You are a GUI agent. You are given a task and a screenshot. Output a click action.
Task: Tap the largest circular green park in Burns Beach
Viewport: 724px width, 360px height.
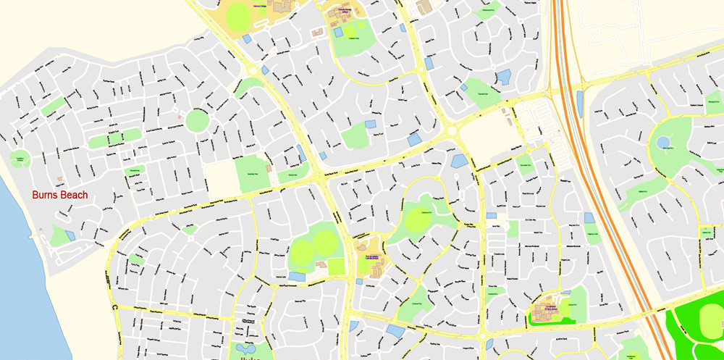pyautogui.click(x=197, y=120)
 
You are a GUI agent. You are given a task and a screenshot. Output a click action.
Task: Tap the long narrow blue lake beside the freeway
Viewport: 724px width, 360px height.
pyautogui.click(x=579, y=102)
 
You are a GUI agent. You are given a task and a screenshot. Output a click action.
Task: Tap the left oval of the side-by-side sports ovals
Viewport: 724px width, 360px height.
pyautogui.click(x=302, y=251)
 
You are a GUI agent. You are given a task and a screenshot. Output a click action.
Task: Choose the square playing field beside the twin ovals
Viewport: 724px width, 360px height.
pyautogui.click(x=336, y=267)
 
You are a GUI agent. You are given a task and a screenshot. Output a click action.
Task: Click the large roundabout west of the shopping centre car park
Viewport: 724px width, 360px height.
pyautogui.click(x=453, y=131)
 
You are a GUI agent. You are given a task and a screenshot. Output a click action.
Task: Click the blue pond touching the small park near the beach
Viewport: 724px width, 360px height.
pyautogui.click(x=70, y=235)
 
